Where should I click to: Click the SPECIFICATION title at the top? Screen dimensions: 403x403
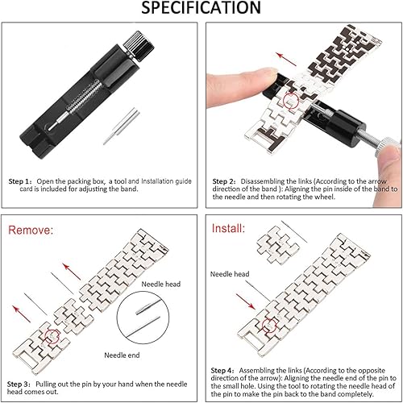(201, 9)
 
